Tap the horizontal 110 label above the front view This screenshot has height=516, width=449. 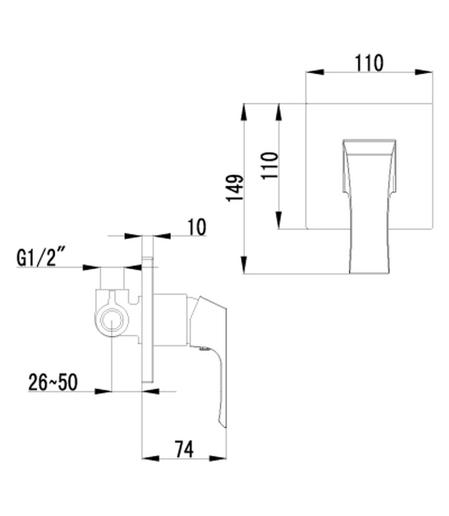369,63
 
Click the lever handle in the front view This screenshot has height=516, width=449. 369,206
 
